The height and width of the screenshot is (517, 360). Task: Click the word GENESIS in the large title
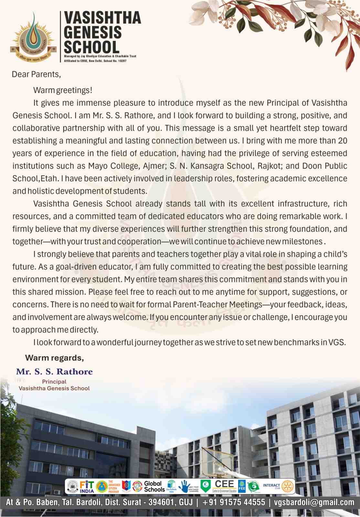(92, 33)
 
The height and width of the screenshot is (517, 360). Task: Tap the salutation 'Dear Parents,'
(36, 74)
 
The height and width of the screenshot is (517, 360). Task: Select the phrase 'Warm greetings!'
(63, 90)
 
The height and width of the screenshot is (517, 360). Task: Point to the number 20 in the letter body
(342, 141)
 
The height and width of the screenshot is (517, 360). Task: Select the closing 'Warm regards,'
(54, 358)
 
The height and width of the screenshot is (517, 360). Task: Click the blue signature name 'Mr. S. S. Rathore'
(54, 372)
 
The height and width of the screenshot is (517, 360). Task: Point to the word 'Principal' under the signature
(54, 382)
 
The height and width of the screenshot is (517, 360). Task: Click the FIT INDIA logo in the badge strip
(87, 486)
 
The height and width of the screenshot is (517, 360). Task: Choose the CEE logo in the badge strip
(224, 485)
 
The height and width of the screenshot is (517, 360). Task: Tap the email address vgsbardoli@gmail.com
(314, 502)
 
